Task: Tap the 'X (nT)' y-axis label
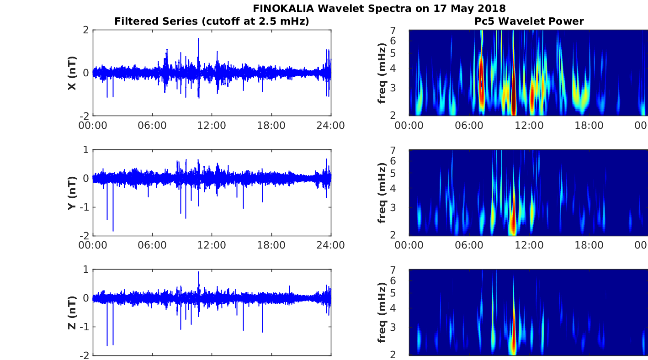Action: pos(72,73)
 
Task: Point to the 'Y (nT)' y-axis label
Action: pos(72,193)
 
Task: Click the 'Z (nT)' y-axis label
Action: pos(72,312)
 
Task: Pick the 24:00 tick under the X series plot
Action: pos(330,126)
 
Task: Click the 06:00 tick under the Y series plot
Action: pos(152,245)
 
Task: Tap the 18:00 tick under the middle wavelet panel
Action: pos(588,245)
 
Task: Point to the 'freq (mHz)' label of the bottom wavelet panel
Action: pos(382,312)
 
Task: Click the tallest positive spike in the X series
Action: pos(198,39)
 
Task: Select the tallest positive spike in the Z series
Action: pos(198,273)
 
